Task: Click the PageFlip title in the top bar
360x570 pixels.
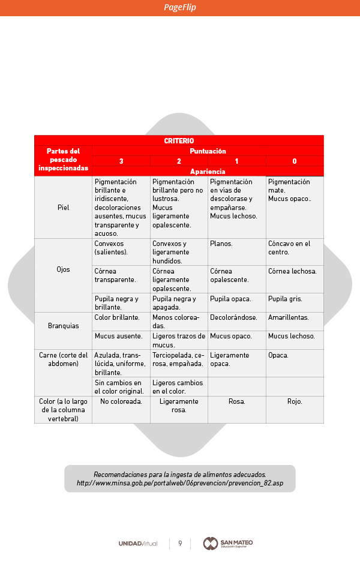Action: (180, 8)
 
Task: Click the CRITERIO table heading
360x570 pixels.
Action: (179, 140)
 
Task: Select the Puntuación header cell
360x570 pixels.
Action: (208, 151)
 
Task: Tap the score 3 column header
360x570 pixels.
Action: (121, 161)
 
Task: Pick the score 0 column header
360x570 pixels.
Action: (294, 161)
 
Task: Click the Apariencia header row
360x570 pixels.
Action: (208, 172)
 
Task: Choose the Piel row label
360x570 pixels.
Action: (63, 208)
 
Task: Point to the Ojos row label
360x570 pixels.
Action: (63, 269)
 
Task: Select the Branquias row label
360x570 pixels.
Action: (63, 326)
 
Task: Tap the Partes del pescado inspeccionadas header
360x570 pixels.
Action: (63, 160)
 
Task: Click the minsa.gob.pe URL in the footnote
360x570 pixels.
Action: (180, 483)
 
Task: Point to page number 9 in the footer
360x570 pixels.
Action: (180, 544)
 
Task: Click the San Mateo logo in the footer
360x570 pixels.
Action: (228, 543)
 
